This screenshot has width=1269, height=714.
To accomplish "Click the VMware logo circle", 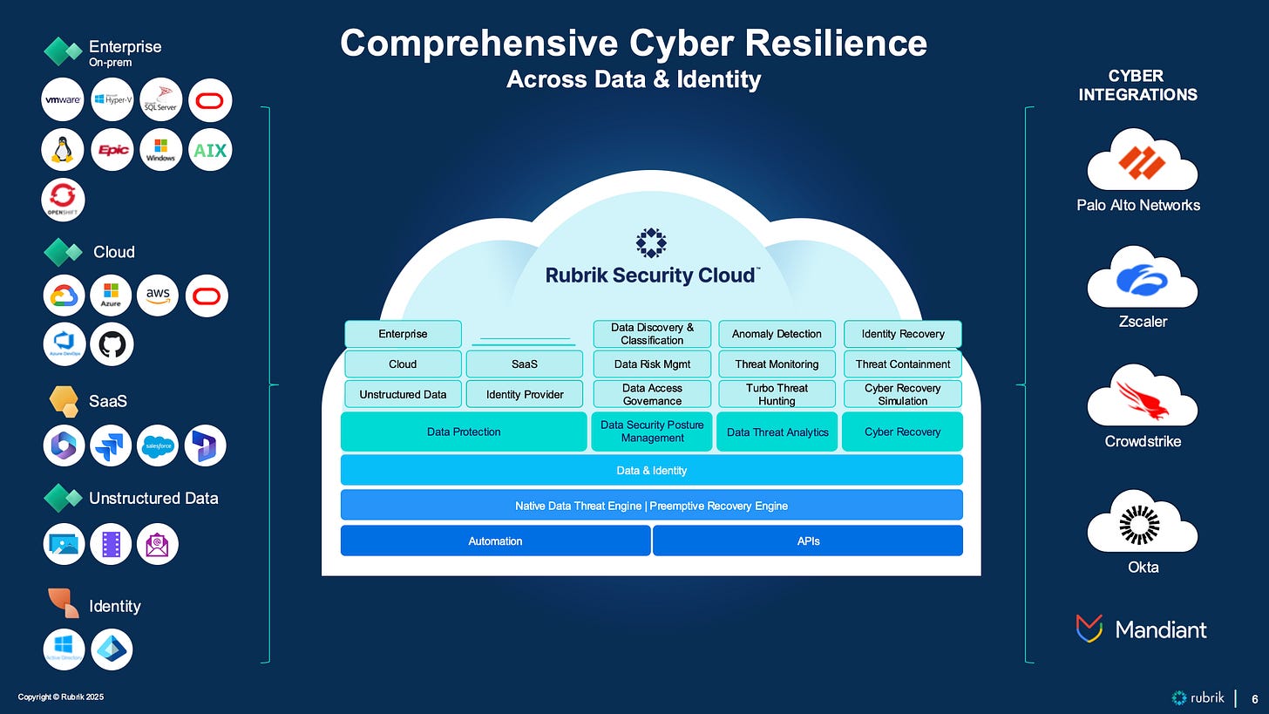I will tap(63, 100).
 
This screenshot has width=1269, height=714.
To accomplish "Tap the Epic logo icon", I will tap(112, 150).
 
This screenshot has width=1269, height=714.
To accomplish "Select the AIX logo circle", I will tap(210, 150).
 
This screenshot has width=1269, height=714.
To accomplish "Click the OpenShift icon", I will tap(63, 199).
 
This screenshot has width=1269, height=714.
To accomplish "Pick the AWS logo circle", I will tap(158, 296).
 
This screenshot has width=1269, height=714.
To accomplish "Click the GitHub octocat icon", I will tap(112, 344).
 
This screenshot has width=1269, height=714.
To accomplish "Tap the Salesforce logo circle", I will tap(158, 445).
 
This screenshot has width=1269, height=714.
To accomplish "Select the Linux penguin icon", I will tap(63, 150).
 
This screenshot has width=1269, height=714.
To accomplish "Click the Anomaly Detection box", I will tap(777, 334).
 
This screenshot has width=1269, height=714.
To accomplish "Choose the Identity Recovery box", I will tap(902, 334).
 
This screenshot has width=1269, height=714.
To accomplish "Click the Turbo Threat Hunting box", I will tap(777, 394).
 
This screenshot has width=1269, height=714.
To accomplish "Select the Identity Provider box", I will tap(525, 394).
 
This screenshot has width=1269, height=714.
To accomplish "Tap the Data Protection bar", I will tap(464, 432).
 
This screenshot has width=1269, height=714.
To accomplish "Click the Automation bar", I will tap(495, 541).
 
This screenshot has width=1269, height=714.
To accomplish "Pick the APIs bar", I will tap(808, 541).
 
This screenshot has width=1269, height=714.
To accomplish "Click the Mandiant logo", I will tap(1142, 629).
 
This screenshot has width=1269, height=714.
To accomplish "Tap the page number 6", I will tap(1255, 698).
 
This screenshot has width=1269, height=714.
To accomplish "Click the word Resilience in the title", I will tap(826, 44).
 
